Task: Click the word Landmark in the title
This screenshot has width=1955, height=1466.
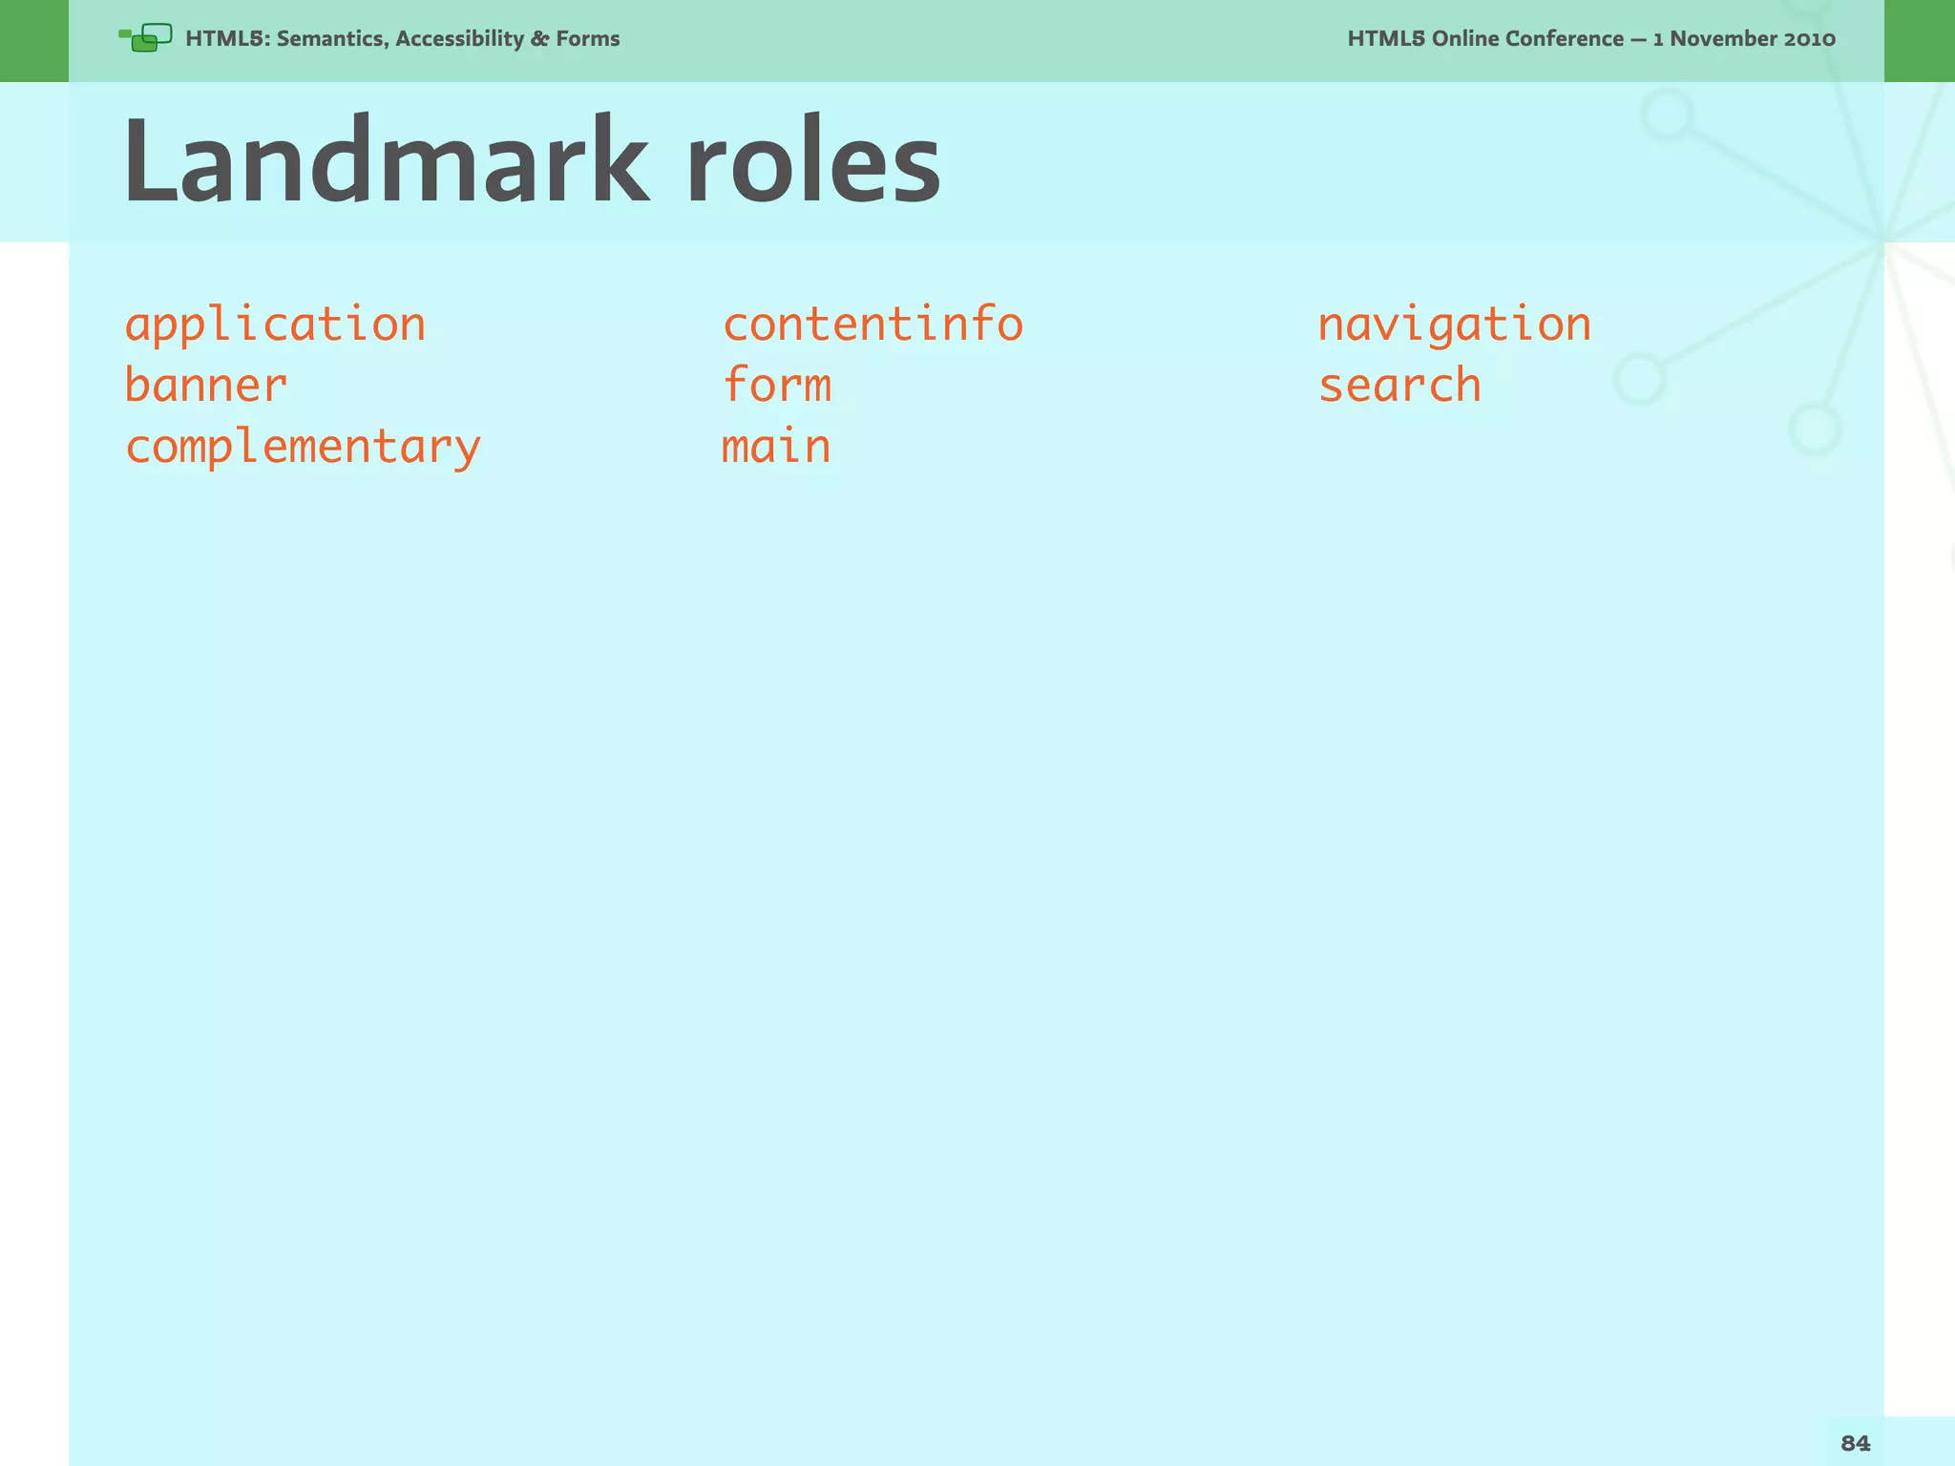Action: [x=386, y=160]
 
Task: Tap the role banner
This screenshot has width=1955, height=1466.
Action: [x=205, y=386]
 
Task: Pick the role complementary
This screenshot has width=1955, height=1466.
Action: [x=303, y=448]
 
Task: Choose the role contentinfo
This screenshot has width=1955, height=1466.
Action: [x=872, y=325]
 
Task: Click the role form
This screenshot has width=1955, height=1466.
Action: [x=776, y=385]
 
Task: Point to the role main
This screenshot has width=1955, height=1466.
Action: [x=775, y=447]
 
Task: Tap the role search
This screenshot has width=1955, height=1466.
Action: [x=1399, y=386]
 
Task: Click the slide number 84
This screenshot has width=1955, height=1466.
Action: [x=1855, y=1443]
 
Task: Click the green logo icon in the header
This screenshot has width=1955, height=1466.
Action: [x=146, y=38]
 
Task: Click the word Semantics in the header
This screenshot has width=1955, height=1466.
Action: [x=331, y=39]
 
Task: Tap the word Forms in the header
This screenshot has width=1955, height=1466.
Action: [x=588, y=39]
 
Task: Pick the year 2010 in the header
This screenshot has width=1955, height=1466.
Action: [x=1809, y=39]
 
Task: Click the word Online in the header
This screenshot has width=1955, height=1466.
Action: [x=1466, y=39]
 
